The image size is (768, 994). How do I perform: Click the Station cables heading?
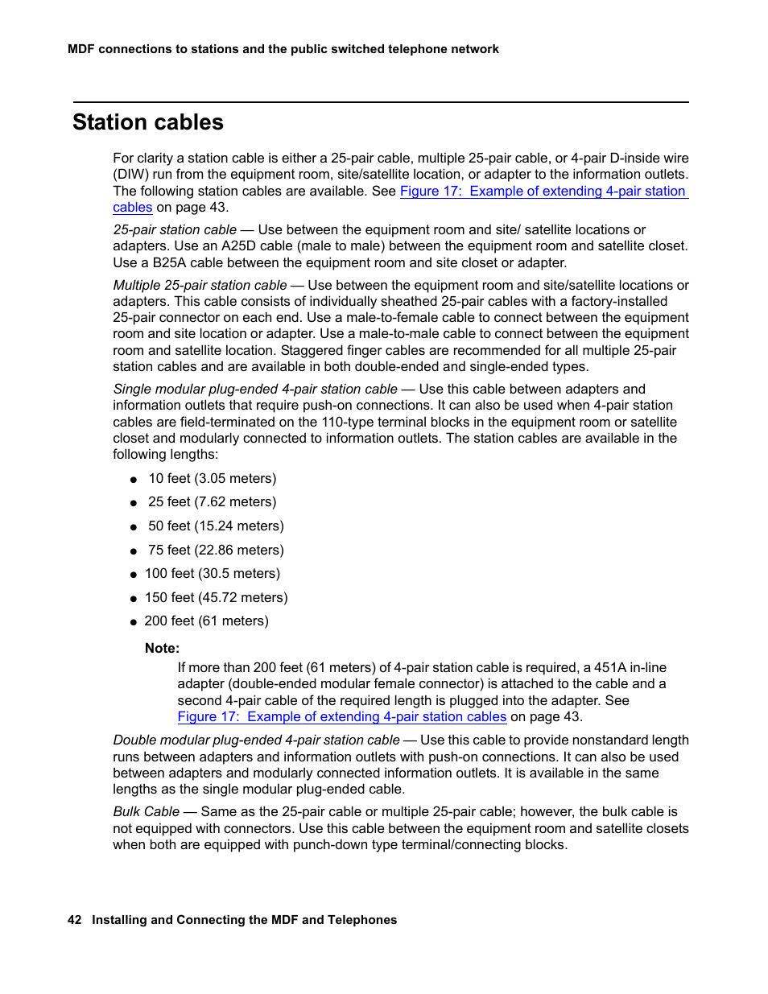(x=148, y=122)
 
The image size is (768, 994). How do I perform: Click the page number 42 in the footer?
(x=74, y=920)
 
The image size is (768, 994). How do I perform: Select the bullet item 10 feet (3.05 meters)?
(x=212, y=479)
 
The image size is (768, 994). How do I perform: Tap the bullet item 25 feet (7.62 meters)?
(x=212, y=502)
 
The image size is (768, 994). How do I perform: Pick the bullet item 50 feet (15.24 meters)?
(x=216, y=526)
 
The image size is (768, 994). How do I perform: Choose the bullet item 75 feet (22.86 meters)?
(x=216, y=551)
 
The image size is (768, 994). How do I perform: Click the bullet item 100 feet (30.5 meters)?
(x=213, y=574)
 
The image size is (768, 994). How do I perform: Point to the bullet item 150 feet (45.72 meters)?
(x=216, y=598)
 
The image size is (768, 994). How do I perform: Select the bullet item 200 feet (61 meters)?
(x=206, y=621)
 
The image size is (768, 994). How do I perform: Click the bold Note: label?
(x=162, y=649)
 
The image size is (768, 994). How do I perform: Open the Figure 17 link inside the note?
(x=341, y=717)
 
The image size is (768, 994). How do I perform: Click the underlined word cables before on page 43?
(x=132, y=208)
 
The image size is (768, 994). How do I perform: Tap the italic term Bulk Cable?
(x=146, y=812)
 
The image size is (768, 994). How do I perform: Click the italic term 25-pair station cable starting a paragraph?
(x=175, y=230)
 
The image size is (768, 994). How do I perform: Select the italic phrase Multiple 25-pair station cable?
(x=200, y=286)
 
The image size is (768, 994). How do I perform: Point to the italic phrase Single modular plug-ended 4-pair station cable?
(x=255, y=390)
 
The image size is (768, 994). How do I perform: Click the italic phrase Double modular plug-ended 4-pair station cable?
(x=256, y=740)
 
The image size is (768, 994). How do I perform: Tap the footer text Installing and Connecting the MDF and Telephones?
(x=244, y=920)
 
